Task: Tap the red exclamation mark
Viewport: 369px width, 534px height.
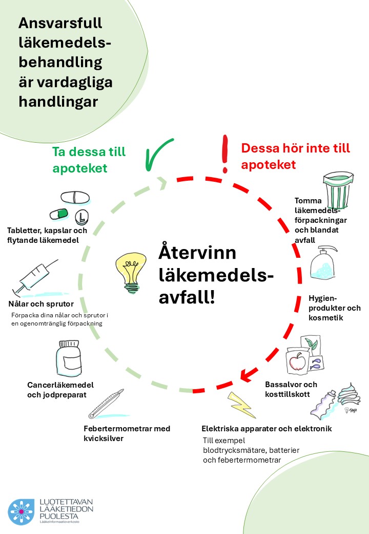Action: (x=224, y=154)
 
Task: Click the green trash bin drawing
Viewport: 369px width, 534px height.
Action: (x=338, y=190)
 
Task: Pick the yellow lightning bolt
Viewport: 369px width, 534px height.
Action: (x=241, y=405)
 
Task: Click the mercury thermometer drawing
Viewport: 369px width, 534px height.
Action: (x=107, y=404)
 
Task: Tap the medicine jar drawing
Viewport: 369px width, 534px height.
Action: (x=69, y=358)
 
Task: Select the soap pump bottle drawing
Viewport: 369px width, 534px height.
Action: (x=323, y=263)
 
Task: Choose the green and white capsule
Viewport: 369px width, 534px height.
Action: (x=59, y=214)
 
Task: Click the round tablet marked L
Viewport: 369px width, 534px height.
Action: (x=81, y=217)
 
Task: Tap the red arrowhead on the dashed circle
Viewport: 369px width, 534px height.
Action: (x=249, y=374)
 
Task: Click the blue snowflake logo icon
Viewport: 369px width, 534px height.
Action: (x=21, y=511)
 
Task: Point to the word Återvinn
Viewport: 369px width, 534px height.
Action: (x=197, y=252)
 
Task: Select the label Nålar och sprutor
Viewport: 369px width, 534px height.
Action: (x=41, y=304)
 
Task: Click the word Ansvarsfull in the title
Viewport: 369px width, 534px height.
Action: (x=60, y=23)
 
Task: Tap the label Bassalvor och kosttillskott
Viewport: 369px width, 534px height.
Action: (x=291, y=389)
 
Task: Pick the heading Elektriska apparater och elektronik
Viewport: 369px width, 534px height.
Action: (x=266, y=428)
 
